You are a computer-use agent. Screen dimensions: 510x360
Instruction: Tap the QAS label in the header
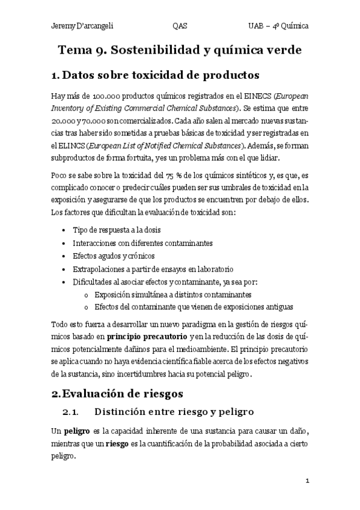(179, 26)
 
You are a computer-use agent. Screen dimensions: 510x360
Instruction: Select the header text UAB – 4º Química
(279, 26)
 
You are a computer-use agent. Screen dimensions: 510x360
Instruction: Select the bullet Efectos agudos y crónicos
(113, 256)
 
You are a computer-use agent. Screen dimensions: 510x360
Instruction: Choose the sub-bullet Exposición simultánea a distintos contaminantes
(172, 294)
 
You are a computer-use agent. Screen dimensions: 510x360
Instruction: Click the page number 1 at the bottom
(307, 481)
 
